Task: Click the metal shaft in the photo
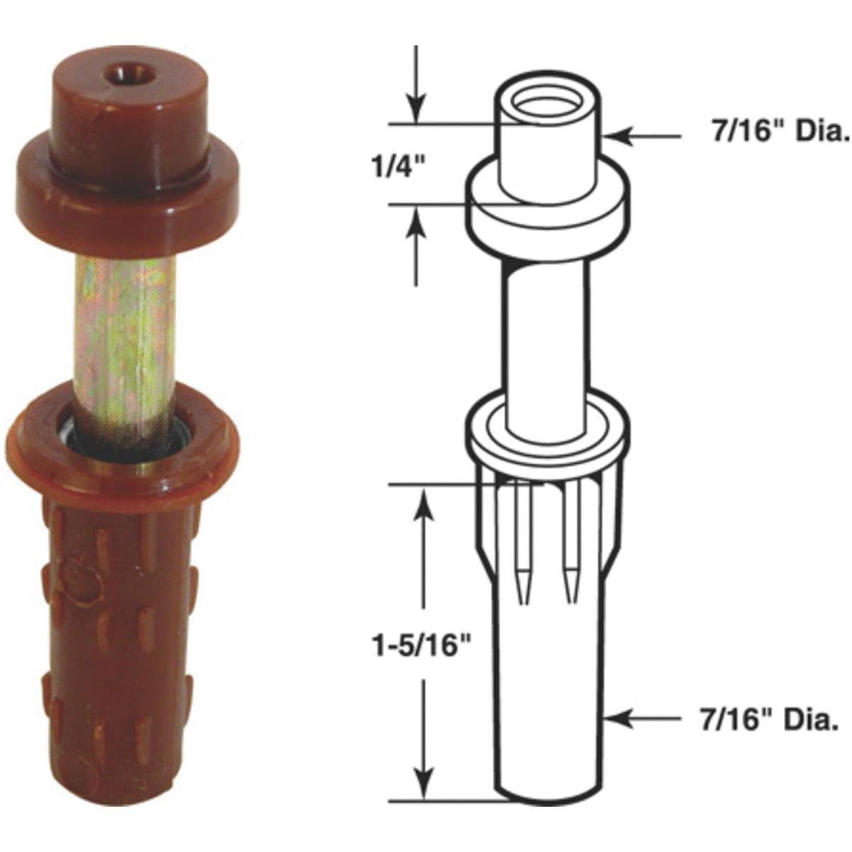click(x=126, y=340)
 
